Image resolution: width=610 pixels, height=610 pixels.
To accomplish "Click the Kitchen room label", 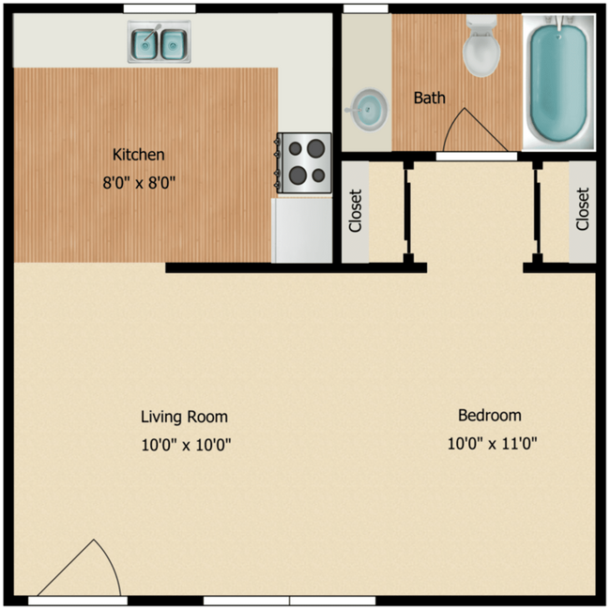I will (x=139, y=154).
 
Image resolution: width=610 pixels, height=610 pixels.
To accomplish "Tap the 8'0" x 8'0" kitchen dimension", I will (x=139, y=183).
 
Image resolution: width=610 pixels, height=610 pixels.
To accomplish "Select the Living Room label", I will (x=184, y=417).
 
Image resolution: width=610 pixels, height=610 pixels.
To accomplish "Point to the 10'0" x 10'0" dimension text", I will (x=186, y=445).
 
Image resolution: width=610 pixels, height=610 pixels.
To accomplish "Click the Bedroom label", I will (x=489, y=415).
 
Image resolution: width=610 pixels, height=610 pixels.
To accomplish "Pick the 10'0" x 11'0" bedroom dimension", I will (x=492, y=443).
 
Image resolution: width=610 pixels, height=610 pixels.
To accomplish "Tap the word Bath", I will (x=429, y=98).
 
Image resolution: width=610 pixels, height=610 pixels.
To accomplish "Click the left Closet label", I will (x=355, y=211).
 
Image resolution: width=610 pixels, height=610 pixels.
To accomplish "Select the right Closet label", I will (x=582, y=209).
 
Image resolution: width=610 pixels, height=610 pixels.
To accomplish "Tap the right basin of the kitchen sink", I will (x=172, y=42).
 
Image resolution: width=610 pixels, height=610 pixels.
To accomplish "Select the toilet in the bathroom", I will (x=482, y=49).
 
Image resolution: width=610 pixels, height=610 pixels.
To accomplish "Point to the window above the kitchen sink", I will (x=160, y=8).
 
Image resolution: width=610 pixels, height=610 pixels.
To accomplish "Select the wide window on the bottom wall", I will (x=289, y=600).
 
